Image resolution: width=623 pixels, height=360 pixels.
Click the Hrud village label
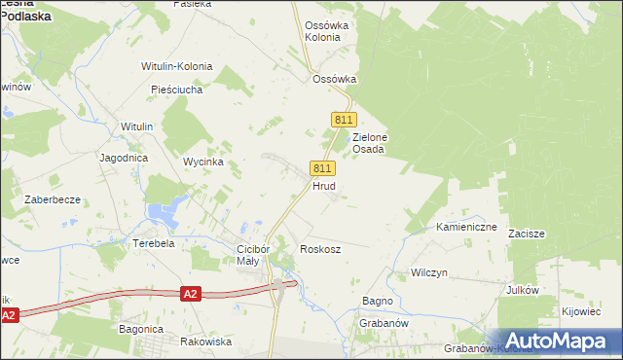click(324, 185)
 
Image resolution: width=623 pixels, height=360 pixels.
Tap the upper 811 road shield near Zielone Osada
click(342, 119)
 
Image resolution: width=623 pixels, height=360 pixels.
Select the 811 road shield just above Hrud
click(324, 167)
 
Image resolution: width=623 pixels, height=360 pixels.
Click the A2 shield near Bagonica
click(191, 293)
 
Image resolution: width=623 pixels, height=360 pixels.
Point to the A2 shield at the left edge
click(9, 315)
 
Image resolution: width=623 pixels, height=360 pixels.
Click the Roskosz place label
click(320, 249)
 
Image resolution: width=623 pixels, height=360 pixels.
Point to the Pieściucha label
click(176, 90)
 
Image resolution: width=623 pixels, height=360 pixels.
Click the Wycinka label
click(204, 162)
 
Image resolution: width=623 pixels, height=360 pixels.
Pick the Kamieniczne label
click(466, 227)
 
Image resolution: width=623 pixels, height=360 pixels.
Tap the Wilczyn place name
click(428, 272)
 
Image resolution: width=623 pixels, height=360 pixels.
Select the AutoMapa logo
click(560, 341)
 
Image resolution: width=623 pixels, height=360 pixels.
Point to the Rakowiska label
click(206, 342)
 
